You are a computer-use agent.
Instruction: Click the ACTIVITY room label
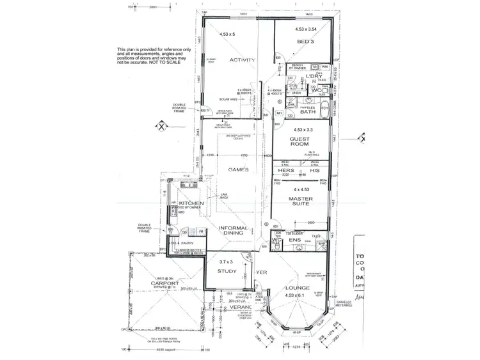click(x=243, y=61)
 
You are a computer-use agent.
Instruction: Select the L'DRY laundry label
click(x=313, y=77)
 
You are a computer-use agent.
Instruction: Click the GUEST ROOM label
click(x=300, y=142)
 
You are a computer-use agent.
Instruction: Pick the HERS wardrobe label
click(x=287, y=171)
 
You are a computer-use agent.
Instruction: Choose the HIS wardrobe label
click(x=314, y=171)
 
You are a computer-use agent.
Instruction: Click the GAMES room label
click(x=237, y=169)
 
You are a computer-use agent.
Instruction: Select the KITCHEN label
click(x=191, y=203)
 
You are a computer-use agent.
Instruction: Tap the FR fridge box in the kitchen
click(x=200, y=231)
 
